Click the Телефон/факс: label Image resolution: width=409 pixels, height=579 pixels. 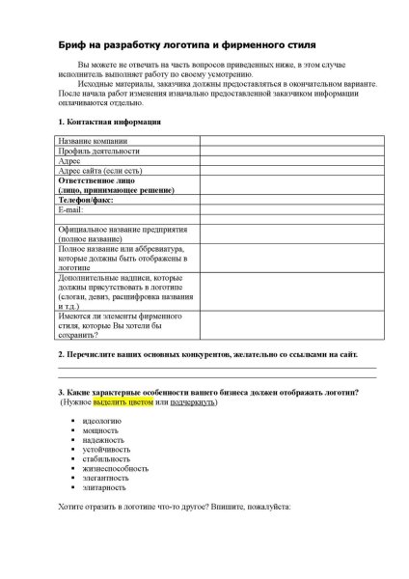[x=89, y=200]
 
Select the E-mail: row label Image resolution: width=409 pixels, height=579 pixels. [x=73, y=209]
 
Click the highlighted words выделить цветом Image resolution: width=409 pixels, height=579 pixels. [x=123, y=402]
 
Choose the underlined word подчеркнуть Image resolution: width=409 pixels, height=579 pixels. [x=193, y=402]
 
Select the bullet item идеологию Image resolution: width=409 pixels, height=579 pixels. [x=103, y=422]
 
